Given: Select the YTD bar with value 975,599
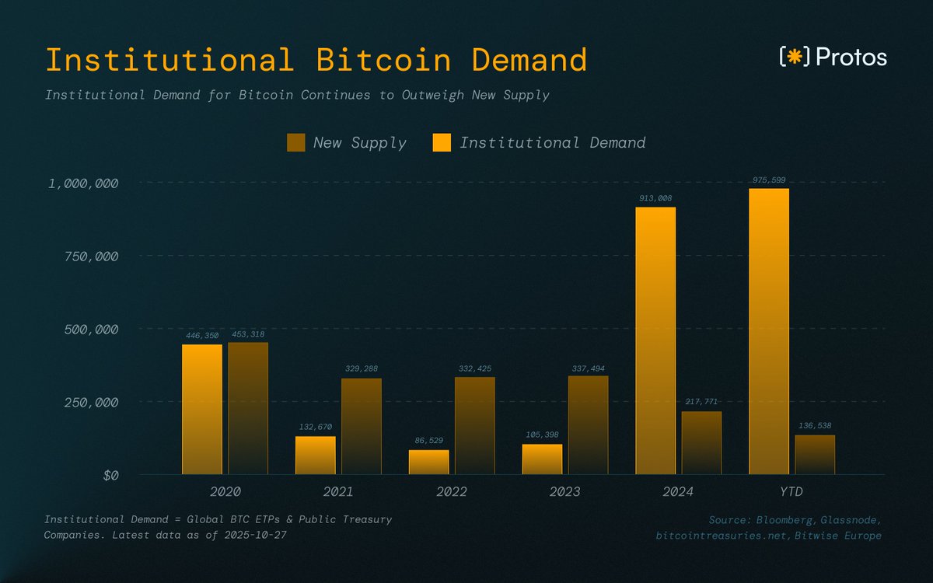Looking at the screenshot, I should (x=769, y=331).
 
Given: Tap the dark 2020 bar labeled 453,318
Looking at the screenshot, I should (x=247, y=408).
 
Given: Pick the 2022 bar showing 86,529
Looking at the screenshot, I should (x=428, y=463).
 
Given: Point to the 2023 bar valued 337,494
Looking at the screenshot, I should (x=588, y=424).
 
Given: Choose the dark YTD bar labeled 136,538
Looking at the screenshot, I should (x=815, y=455).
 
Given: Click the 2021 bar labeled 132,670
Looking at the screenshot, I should (x=315, y=456).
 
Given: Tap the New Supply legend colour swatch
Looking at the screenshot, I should (x=296, y=142).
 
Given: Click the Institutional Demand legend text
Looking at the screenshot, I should (x=552, y=142).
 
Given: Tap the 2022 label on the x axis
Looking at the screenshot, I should (x=452, y=492).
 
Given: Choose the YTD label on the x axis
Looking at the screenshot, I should (x=791, y=492).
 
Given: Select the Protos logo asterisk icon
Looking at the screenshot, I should (x=794, y=57).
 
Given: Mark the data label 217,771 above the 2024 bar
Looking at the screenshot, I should (x=701, y=402).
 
